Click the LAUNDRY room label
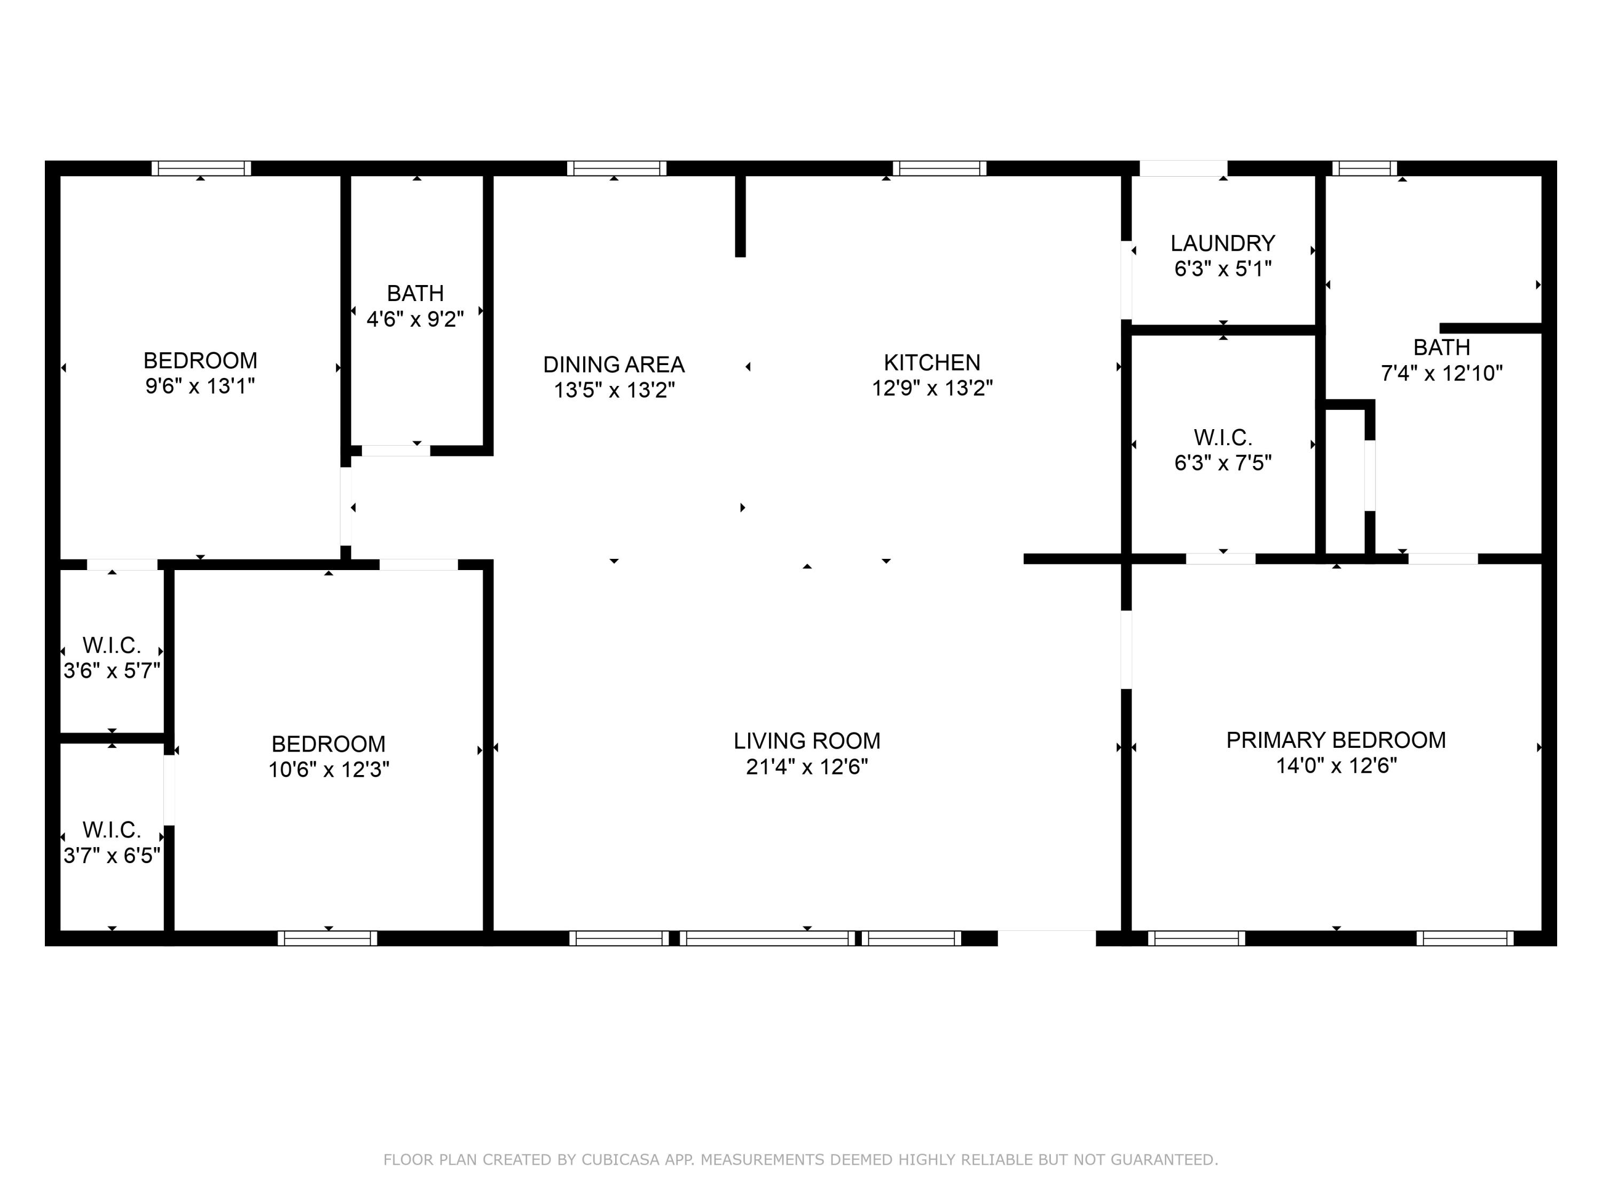coord(1222,243)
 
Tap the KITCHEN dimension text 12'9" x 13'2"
coord(931,389)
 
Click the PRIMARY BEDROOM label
coord(1336,740)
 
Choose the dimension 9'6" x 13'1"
coord(200,386)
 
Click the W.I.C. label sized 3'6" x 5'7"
coord(112,645)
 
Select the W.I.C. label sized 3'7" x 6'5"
coord(112,829)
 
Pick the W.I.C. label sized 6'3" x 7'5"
coord(1222,437)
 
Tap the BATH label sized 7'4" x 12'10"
coord(1441,348)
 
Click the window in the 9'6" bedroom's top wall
coord(201,169)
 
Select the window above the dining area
coord(616,169)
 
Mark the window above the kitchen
coord(939,169)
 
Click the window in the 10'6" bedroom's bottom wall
coord(327,938)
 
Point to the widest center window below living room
coord(767,938)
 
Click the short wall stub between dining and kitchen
coord(740,216)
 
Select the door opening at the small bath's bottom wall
coord(396,451)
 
